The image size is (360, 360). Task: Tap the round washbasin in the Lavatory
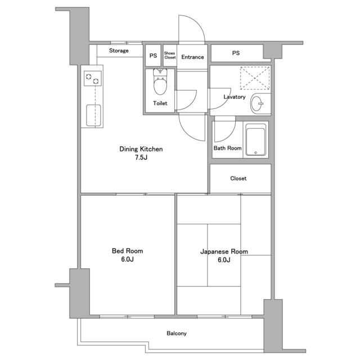257,103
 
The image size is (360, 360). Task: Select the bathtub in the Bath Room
255,140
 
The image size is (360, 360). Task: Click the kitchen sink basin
93,115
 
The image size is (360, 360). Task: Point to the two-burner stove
92,79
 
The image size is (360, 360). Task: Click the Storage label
119,51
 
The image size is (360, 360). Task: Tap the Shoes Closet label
170,55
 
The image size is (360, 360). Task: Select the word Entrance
192,57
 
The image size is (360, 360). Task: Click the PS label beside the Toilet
153,56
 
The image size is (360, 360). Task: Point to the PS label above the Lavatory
236,53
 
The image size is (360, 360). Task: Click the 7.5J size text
141,157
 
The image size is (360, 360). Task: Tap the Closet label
238,178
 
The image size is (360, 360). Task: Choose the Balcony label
177,334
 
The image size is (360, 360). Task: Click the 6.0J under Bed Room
128,259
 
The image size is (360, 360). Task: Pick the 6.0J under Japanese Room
224,260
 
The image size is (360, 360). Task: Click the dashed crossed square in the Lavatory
255,78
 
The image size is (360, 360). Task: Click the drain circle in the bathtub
255,152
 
